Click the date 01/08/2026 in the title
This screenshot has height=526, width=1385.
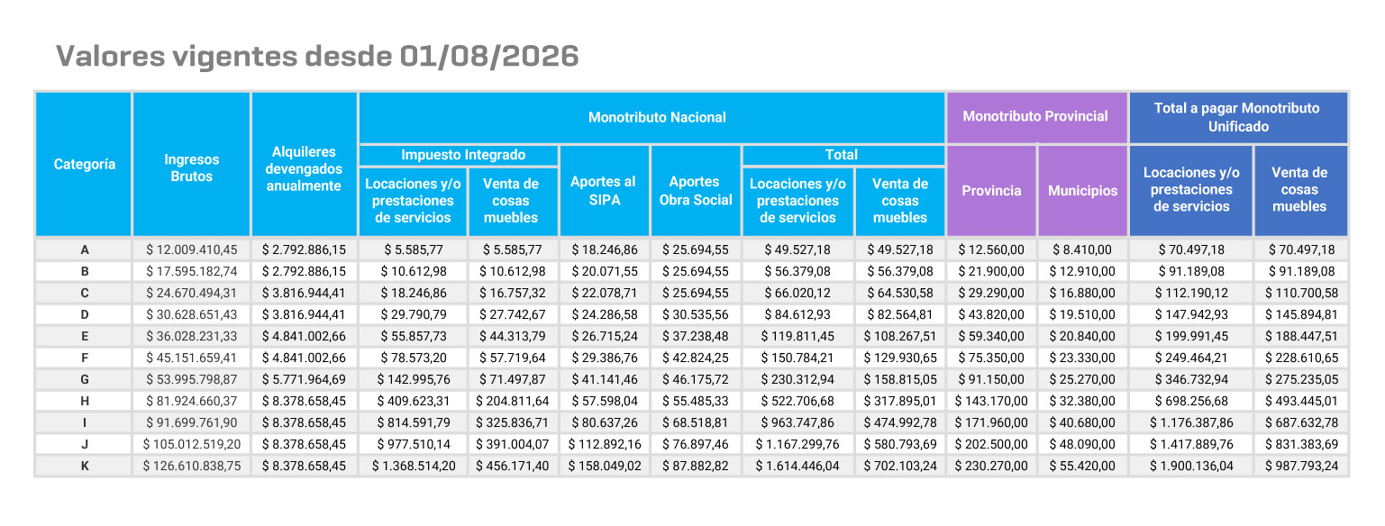(488, 56)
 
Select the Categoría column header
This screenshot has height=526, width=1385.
(84, 164)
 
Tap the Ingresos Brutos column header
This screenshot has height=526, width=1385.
(192, 168)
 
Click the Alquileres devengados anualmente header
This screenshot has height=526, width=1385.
(304, 168)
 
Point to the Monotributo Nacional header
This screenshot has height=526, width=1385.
(657, 117)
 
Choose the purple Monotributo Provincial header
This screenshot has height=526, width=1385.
(1035, 116)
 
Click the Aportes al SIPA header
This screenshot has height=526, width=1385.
(604, 190)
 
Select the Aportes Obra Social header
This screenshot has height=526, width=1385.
(695, 190)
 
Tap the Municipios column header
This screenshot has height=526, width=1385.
(1082, 190)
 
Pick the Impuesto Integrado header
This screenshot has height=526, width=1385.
(463, 155)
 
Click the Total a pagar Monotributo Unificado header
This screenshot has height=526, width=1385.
(1237, 117)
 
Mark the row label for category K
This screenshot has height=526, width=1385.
(85, 466)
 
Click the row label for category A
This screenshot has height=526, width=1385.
(85, 249)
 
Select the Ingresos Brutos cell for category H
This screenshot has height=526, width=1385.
(192, 401)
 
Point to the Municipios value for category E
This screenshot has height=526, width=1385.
(1082, 336)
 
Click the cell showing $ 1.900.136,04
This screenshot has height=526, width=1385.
(1191, 466)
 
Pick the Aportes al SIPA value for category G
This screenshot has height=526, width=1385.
(604, 379)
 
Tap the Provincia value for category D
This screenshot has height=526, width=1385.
(991, 314)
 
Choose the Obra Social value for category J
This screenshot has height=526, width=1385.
(695, 444)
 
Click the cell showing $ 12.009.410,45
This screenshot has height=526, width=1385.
(192, 249)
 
